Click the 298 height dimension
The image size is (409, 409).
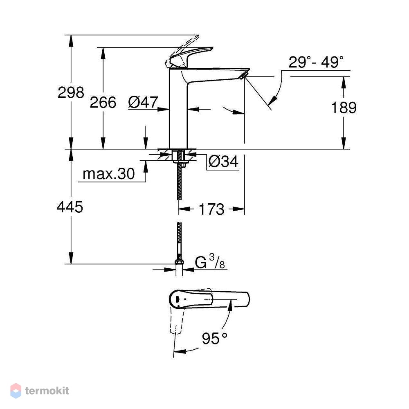coord(71,92)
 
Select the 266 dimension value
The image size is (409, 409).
coord(103,102)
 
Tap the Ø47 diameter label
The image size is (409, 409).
coord(143,102)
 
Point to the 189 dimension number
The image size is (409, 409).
coord(344,108)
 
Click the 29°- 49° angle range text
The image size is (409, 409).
coord(316,62)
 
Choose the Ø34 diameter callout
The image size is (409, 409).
coord(223,162)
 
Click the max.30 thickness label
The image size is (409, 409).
coord(108,174)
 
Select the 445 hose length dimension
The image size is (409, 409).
coord(70,207)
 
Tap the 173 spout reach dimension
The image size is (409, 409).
coord(211,209)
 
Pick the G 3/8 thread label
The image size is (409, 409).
coord(210,262)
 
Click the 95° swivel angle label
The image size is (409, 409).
coord(214,339)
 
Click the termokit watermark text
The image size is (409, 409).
coord(47,391)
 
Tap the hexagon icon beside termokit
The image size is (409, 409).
coord(16,391)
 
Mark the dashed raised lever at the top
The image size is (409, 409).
coord(182,50)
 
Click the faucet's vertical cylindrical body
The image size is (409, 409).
coord(178,109)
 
